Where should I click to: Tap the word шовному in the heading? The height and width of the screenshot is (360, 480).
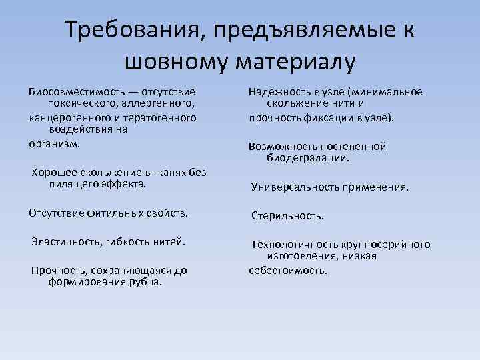pyautogui.click(x=173, y=62)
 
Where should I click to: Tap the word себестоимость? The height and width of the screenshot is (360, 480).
pyautogui.click(x=287, y=271)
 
